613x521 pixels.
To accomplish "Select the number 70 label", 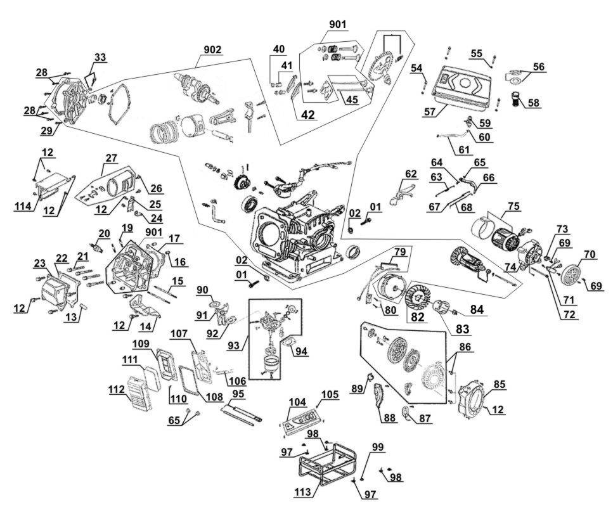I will click(589, 254).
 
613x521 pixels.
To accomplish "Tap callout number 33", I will click(100, 57).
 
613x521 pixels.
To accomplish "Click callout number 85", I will click(500, 384).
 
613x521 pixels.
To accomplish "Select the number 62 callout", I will click(411, 173).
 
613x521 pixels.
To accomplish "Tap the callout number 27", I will click(112, 158).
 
